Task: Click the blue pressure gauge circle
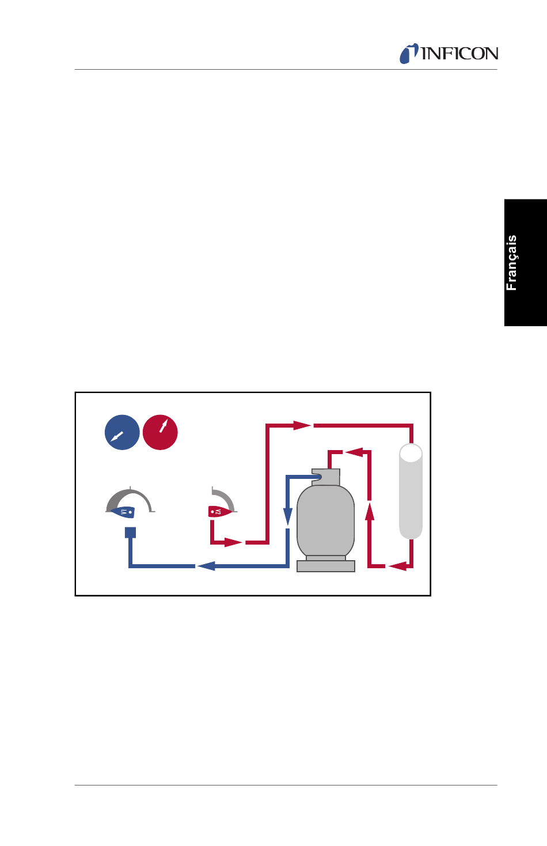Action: (x=122, y=432)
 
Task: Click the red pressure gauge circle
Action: (x=160, y=432)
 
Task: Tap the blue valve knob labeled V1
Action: (x=124, y=512)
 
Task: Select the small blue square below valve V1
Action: (x=131, y=532)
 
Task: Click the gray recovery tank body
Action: (x=325, y=522)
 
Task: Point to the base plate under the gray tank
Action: (x=325, y=566)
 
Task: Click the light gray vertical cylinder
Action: (x=411, y=493)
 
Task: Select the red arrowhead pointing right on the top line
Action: (x=302, y=425)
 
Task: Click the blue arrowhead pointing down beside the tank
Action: (x=288, y=516)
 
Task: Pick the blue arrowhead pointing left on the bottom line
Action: (x=206, y=566)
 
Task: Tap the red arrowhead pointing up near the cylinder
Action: (x=370, y=511)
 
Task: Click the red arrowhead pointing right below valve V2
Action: (x=233, y=542)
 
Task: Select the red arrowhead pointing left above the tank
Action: (x=354, y=452)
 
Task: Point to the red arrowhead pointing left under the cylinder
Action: (x=397, y=566)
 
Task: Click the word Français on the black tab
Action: (x=511, y=263)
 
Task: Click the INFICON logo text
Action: (x=459, y=54)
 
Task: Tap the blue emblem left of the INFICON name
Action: (x=409, y=54)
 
